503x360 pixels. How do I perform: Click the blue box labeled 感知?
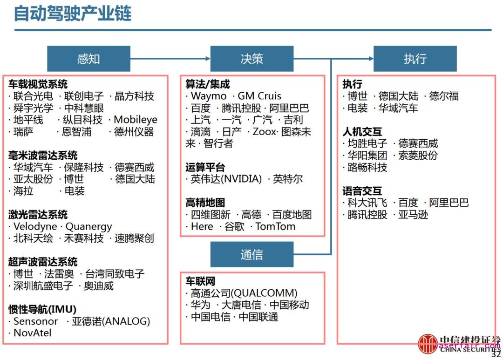tap(88, 59)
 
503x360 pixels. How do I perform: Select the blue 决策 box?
tap(251, 59)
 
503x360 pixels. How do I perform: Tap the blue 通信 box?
tap(251, 255)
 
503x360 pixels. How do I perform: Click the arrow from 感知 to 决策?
tap(170, 59)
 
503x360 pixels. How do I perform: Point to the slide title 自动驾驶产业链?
tap(73, 14)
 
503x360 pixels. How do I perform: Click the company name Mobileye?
tap(136, 120)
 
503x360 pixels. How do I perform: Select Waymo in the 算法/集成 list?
tap(208, 96)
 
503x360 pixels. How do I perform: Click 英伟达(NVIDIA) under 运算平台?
tap(226, 179)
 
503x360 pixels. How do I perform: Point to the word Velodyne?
tap(35, 227)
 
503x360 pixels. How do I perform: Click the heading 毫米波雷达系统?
tap(43, 156)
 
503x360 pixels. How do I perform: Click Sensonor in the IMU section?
tap(35, 321)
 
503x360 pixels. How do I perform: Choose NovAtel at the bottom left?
tap(32, 333)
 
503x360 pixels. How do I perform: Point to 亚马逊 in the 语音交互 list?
tap(413, 215)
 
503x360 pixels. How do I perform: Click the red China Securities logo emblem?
tap(428, 344)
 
